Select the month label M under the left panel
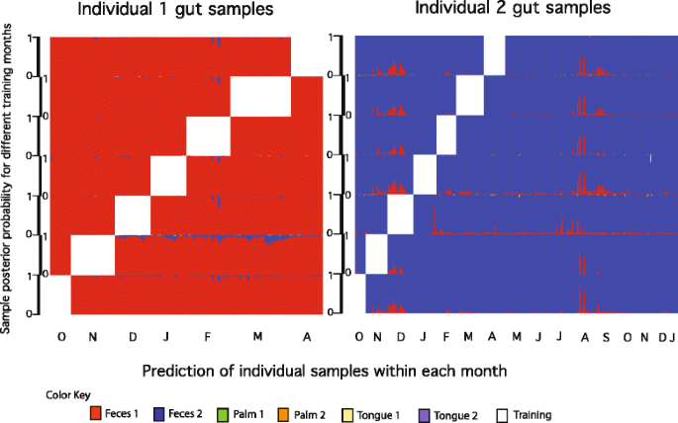pos(258,337)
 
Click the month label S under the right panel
pos(602,337)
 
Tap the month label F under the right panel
pos(445,337)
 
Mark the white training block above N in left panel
pos(94,254)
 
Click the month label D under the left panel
pos(134,337)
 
